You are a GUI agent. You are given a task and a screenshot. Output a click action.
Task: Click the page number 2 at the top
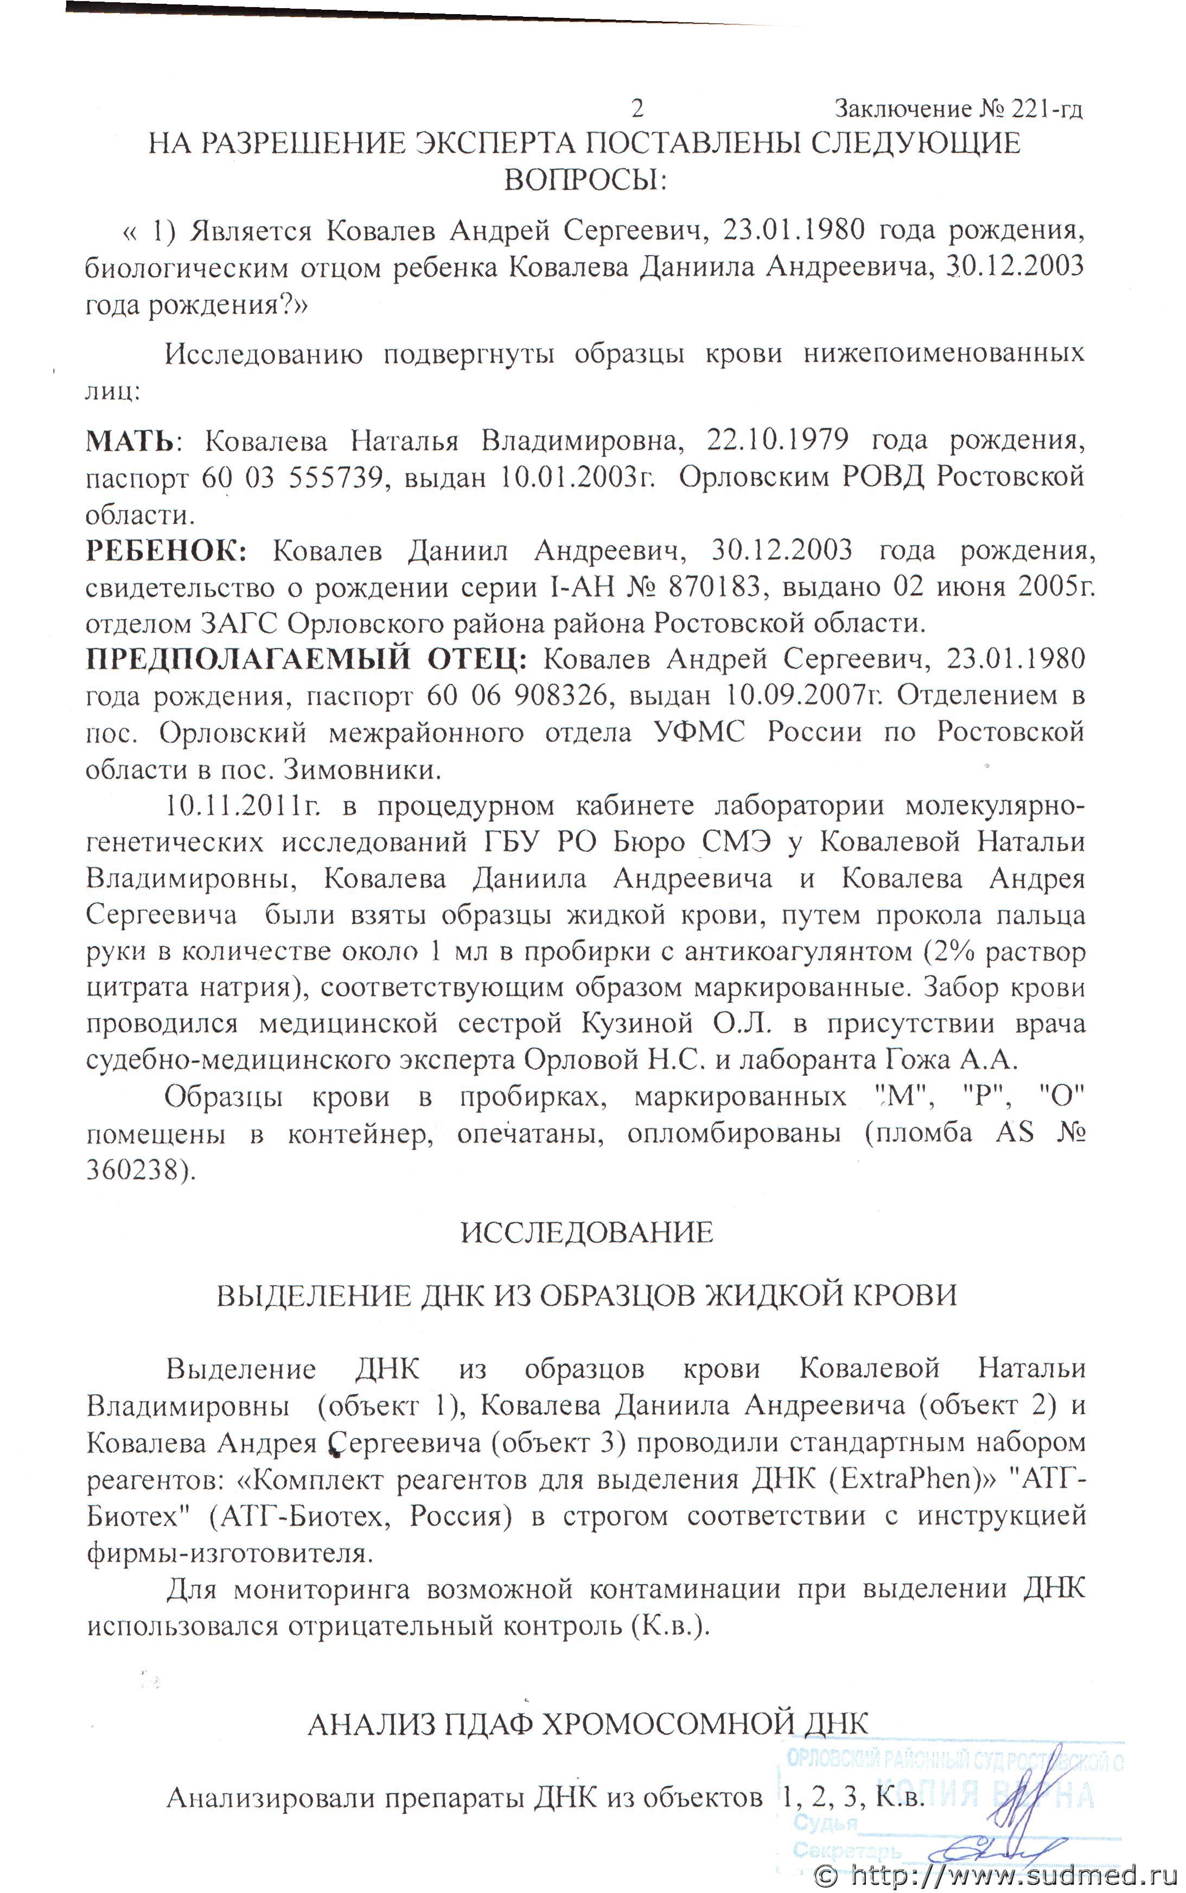(637, 107)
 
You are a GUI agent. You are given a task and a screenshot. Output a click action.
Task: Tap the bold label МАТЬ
(130, 442)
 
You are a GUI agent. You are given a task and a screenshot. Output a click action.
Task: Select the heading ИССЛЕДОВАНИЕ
(586, 1233)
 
